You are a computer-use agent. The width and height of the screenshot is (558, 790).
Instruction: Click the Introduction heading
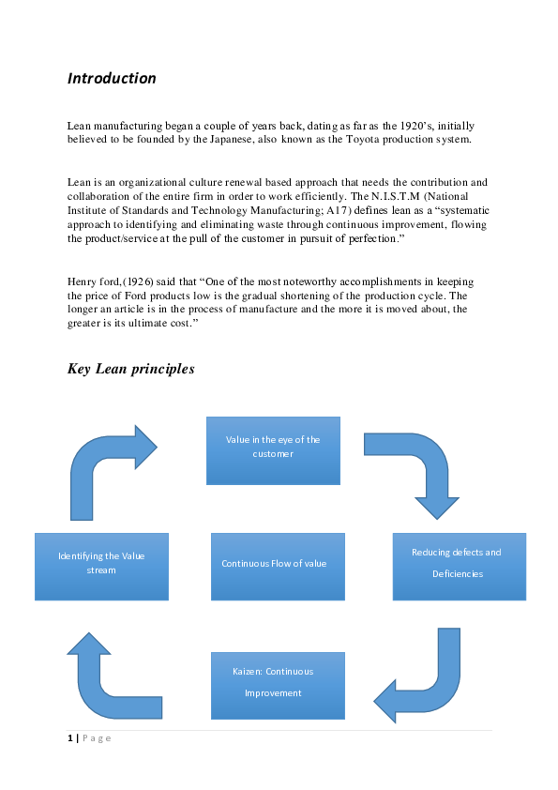click(111, 79)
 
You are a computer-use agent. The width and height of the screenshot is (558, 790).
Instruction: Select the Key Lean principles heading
click(130, 369)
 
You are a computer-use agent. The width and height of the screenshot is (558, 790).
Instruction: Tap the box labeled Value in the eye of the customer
click(273, 450)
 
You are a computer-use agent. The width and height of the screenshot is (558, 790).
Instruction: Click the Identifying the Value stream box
click(101, 567)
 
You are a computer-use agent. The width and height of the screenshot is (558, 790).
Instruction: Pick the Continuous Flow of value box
click(278, 567)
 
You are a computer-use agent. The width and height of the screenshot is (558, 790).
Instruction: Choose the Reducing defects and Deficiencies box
click(459, 567)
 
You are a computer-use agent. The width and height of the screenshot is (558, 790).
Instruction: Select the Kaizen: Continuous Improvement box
click(278, 686)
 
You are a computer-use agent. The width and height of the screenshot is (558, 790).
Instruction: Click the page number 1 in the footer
click(69, 738)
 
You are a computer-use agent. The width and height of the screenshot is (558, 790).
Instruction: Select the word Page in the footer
click(96, 738)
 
